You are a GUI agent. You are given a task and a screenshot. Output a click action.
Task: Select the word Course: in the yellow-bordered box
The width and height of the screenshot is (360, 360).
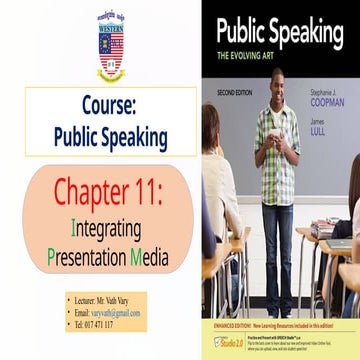point(110,106)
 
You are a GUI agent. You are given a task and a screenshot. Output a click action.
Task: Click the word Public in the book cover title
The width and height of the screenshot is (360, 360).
point(239,30)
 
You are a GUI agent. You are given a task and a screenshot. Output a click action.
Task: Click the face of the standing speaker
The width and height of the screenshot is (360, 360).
point(279,84)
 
